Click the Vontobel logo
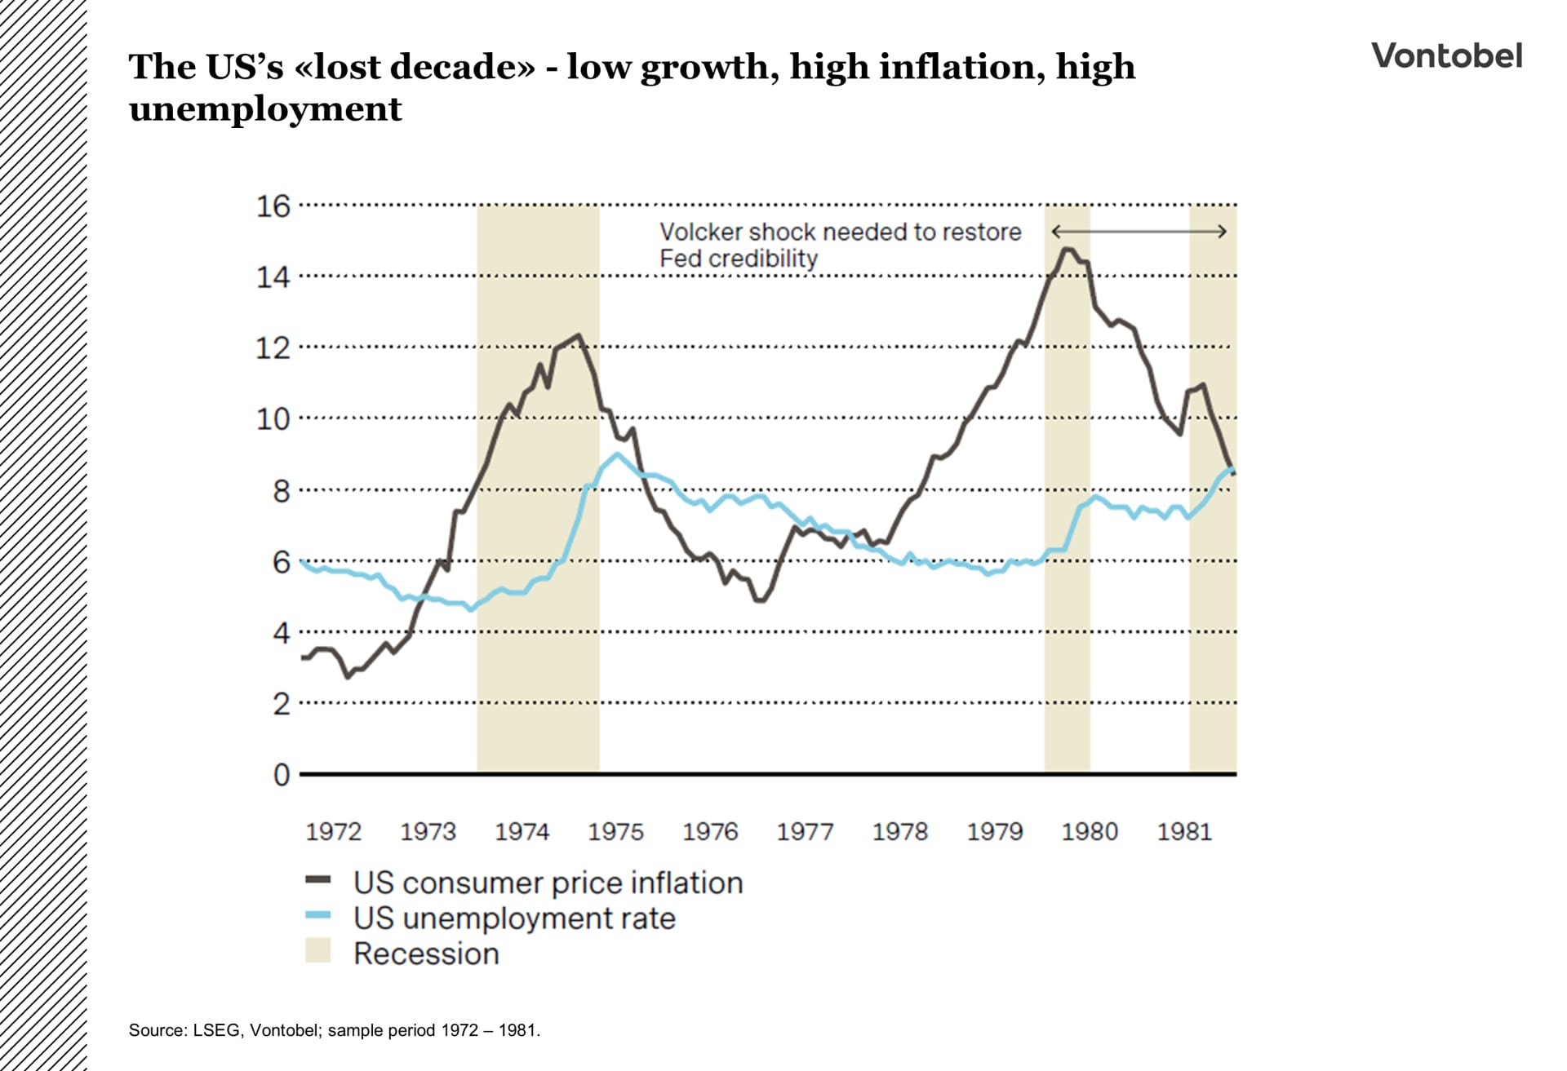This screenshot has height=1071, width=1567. (1446, 55)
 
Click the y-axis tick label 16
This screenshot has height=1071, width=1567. (273, 206)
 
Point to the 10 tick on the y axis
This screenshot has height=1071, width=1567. (273, 419)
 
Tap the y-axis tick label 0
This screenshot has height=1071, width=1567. (282, 774)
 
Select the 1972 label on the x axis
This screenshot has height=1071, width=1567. (333, 831)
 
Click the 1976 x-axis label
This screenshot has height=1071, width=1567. (710, 831)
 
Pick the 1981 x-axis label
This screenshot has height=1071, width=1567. (1184, 831)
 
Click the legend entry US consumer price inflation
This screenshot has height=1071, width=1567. (548, 883)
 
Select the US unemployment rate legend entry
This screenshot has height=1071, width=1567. (514, 918)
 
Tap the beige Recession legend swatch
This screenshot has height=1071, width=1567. (317, 951)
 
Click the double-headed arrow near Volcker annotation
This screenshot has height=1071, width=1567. (1139, 232)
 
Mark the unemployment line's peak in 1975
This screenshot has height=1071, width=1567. (618, 454)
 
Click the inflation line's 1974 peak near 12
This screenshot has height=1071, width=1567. (578, 335)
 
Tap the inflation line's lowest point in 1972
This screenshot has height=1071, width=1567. (348, 676)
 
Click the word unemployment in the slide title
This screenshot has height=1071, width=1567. (265, 109)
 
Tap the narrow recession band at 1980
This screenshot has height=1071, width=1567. (1067, 571)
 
